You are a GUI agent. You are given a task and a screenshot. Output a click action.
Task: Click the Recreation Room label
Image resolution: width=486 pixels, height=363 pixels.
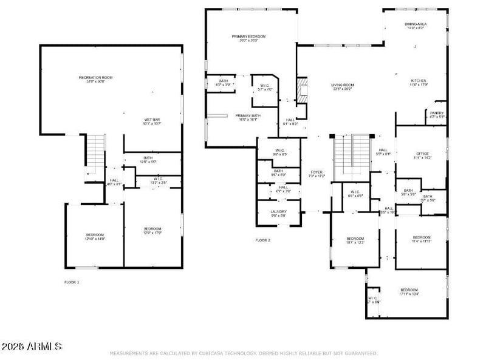coord(95,78)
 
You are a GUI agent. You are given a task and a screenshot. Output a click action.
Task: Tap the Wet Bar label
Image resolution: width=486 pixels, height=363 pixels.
coord(135,120)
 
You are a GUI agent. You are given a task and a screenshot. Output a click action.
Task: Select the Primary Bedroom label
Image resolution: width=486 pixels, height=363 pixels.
coord(248,37)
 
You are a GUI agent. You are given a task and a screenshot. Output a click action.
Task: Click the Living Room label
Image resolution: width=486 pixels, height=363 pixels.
coord(343,86)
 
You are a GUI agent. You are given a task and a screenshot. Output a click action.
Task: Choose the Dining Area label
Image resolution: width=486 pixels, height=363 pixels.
coord(416,24)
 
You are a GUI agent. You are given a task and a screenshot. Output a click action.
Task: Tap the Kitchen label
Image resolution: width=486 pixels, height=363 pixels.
coord(419,81)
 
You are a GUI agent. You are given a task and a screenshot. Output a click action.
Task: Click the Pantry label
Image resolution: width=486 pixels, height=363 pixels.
coord(437,113)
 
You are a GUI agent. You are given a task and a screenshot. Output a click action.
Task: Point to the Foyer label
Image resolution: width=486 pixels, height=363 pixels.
coord(317,172)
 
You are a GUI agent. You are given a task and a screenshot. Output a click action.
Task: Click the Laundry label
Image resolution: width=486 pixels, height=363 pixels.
coord(278,212)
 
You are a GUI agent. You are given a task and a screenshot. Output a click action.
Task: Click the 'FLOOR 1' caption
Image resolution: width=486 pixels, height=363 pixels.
coord(72,282)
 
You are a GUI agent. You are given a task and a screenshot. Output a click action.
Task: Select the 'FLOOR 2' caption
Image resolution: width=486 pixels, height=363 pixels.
coord(262,240)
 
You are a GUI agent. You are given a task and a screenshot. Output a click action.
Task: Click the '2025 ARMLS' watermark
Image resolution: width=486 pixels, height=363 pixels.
coord(32,347)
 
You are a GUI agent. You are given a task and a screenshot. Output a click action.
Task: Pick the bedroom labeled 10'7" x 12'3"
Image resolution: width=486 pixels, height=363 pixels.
coord(355,239)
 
